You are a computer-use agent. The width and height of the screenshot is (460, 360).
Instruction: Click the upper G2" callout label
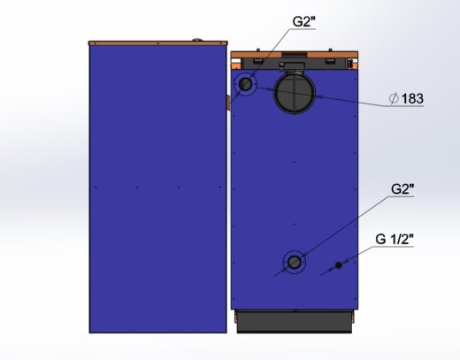click(303, 21)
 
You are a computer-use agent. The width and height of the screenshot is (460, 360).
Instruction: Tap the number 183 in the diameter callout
click(412, 98)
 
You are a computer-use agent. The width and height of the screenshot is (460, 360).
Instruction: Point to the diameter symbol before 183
click(394, 98)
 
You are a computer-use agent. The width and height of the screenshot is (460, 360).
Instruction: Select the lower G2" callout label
click(402, 189)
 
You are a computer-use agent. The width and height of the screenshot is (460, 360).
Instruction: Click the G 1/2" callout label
click(395, 239)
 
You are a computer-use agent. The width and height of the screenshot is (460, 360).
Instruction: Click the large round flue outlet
click(295, 92)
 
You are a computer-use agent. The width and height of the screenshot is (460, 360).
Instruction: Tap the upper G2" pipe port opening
click(245, 84)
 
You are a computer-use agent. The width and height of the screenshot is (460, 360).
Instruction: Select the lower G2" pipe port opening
click(294, 262)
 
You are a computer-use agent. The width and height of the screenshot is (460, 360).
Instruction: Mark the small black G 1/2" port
click(339, 265)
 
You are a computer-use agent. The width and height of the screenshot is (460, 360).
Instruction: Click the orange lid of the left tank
click(158, 43)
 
